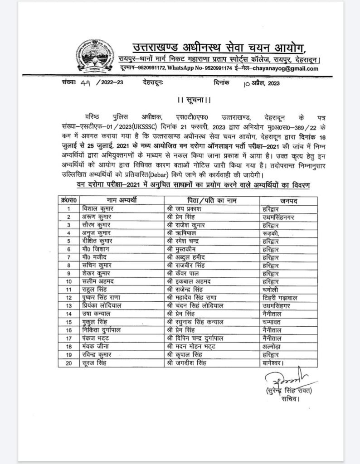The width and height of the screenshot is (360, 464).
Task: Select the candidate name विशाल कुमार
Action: pos(96,208)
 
